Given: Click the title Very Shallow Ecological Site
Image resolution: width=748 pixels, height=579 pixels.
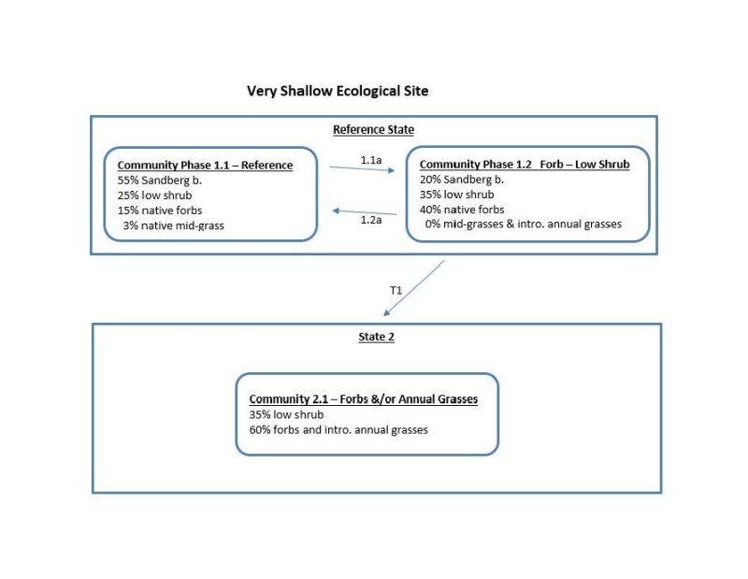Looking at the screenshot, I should tap(338, 91).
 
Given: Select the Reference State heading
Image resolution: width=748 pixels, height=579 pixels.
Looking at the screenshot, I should tap(373, 129).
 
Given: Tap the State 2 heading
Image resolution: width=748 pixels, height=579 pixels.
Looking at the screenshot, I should tap(376, 337).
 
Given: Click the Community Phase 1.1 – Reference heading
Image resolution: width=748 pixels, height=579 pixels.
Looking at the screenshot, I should tap(205, 166).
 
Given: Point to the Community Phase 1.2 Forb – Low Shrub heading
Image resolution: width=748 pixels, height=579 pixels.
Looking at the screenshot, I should tap(525, 165).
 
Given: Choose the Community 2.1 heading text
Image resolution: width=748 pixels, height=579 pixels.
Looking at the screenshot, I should tap(363, 399).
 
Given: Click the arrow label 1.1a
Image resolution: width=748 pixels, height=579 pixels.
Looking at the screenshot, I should tap(370, 160).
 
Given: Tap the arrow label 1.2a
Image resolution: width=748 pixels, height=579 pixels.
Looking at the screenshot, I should tap(370, 219).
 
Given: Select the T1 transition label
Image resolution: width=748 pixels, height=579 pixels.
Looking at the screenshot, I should tap(396, 291).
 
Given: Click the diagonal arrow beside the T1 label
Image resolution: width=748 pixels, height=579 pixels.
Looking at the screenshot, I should tap(413, 288).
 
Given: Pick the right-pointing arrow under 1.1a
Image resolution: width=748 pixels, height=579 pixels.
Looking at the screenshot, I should tap(363, 169).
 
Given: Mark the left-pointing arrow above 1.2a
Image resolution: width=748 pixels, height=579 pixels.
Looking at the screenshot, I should tap(365, 211).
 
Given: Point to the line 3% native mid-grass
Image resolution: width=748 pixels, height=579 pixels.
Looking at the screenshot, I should tap(173, 224).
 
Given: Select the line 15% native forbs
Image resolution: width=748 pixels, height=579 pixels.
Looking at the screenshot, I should tap(160, 210).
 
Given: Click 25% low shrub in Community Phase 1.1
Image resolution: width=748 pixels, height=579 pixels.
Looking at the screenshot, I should tap(155, 195).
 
